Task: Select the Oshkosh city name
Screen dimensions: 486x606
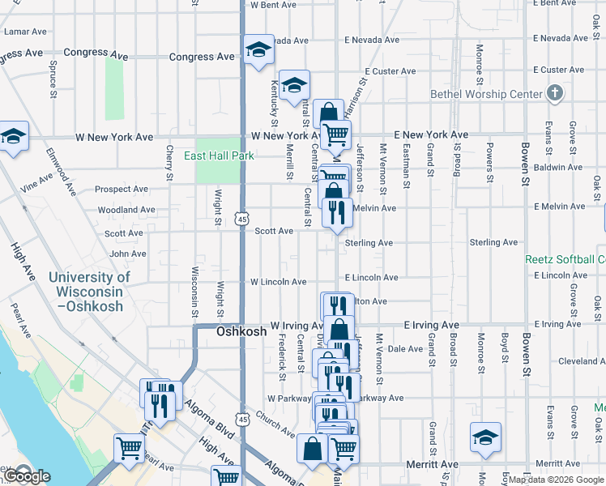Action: point(241,332)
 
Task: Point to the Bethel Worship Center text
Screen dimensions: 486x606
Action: point(486,94)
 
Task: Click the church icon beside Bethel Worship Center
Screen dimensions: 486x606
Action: point(554,92)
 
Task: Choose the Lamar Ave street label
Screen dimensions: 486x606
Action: point(26,32)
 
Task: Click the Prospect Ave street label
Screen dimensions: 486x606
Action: point(121,190)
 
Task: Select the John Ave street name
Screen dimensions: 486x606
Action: point(128,254)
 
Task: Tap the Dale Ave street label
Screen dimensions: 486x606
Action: point(405,349)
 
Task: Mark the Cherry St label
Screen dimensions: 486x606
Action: point(169,163)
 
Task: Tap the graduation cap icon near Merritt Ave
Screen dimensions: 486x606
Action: point(485,437)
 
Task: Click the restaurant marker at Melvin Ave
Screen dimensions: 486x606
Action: point(336,212)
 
